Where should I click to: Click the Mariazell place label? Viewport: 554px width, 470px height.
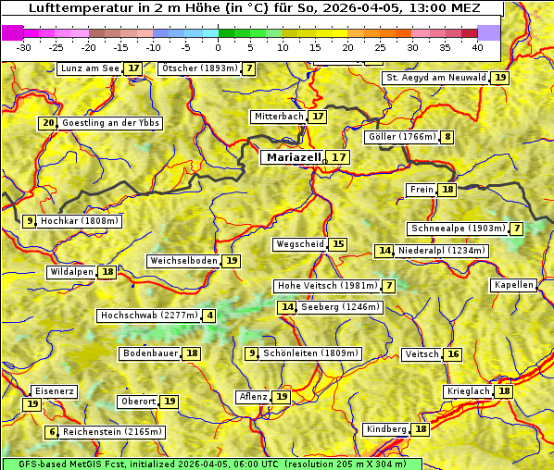point(293,157)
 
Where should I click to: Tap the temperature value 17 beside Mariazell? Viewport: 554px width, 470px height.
point(339,157)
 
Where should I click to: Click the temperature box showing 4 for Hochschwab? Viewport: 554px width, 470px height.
point(210,315)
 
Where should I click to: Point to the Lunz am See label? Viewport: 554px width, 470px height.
point(90,68)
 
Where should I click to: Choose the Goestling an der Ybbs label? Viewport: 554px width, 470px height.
point(110,123)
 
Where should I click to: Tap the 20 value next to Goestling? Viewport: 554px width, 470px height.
point(48,123)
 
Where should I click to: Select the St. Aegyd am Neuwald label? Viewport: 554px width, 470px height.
point(435,78)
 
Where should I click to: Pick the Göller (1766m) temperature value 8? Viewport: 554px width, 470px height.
point(448,137)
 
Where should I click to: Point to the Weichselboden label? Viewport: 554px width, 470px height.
point(183,261)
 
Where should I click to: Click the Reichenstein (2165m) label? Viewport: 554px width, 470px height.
point(113,432)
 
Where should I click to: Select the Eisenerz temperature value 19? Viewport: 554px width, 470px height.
point(32,404)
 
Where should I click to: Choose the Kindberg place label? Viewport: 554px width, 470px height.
point(386,429)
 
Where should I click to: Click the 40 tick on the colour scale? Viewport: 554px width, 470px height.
point(476,46)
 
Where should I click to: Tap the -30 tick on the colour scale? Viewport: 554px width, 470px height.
point(24,46)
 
